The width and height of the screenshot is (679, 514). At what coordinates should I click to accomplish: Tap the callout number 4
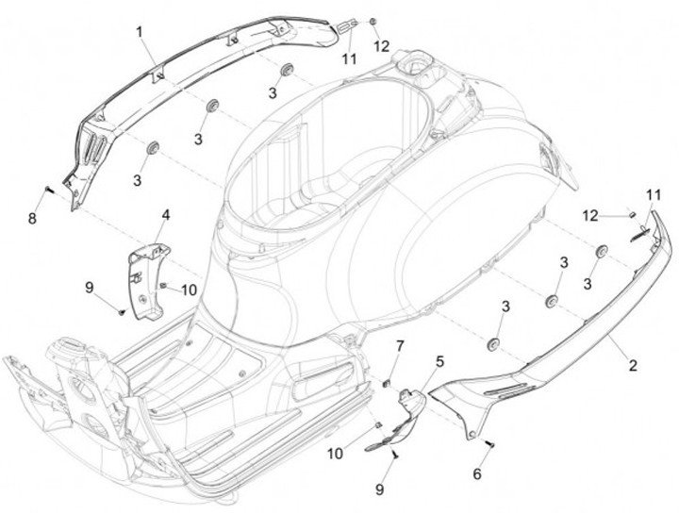[165, 215]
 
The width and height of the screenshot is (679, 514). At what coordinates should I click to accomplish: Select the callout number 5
[439, 360]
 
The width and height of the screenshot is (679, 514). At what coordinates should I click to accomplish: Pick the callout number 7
[398, 347]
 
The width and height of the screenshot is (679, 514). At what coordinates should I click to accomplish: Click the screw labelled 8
[48, 192]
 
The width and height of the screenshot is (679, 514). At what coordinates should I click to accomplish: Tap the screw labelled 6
[489, 441]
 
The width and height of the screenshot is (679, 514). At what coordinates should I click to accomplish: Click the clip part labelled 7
[388, 382]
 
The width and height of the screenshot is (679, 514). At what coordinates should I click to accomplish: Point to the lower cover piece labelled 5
[406, 417]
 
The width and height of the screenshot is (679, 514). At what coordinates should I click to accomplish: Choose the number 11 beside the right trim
[653, 194]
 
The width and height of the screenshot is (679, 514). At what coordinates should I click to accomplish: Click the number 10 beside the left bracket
[189, 290]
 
